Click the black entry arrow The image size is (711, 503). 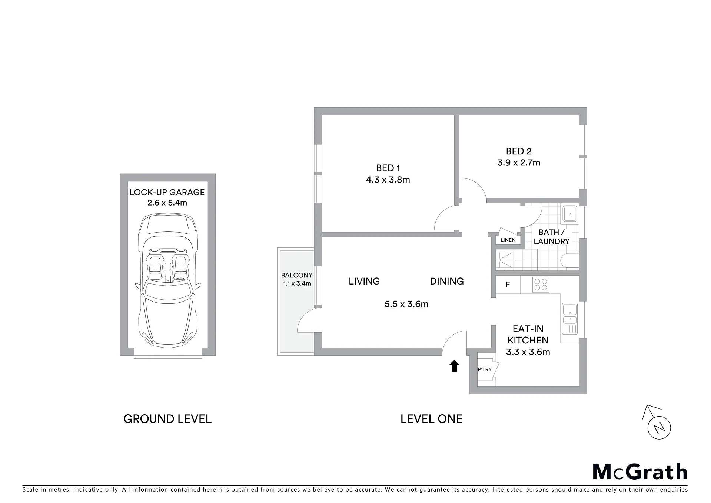(454, 366)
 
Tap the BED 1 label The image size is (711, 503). (388, 168)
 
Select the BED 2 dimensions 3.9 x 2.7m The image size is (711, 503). (519, 163)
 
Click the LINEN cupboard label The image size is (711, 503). (508, 240)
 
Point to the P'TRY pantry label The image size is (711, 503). (485, 369)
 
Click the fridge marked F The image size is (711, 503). (508, 285)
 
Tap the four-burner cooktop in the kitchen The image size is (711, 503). (541, 285)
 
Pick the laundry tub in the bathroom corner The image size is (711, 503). (569, 214)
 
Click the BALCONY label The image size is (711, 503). (297, 275)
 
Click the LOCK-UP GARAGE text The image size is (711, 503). (167, 192)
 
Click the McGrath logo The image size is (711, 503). (640, 472)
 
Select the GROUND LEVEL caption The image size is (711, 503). (167, 419)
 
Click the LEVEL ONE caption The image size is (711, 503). (432, 419)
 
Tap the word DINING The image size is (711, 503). (447, 281)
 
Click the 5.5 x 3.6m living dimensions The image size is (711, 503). (406, 304)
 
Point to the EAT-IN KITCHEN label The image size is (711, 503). (528, 335)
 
